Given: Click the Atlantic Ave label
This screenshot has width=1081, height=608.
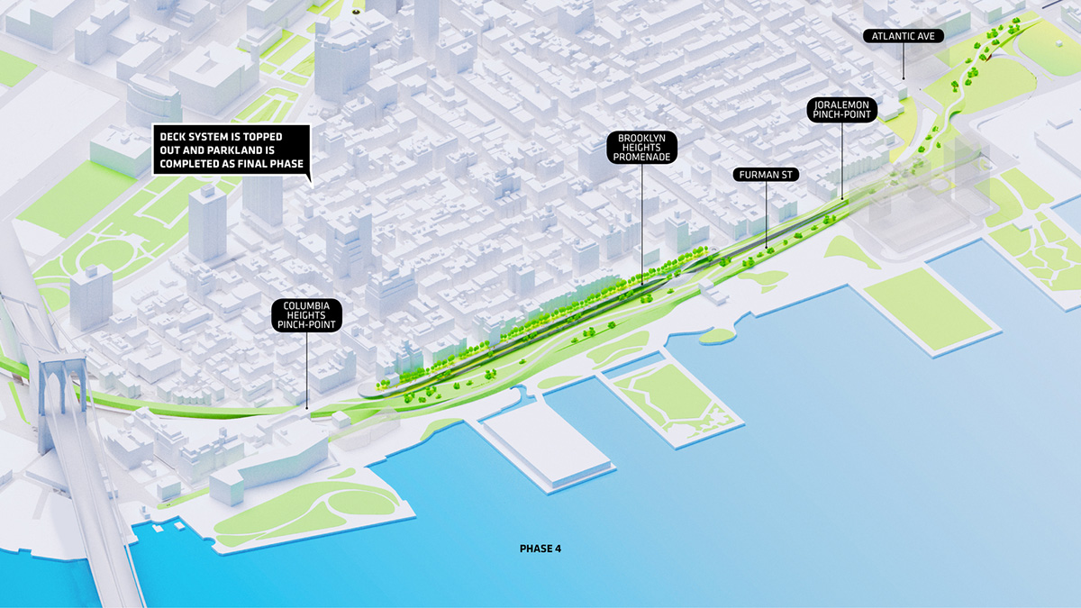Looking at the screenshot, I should click(x=903, y=36).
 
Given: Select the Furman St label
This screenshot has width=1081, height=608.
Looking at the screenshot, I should click(x=765, y=174).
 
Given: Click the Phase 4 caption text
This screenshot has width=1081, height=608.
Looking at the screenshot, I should click(x=540, y=548).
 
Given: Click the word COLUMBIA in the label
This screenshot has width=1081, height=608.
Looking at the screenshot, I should click(x=306, y=305).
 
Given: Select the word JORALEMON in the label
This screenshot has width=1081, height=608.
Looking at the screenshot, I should click(x=841, y=105).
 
